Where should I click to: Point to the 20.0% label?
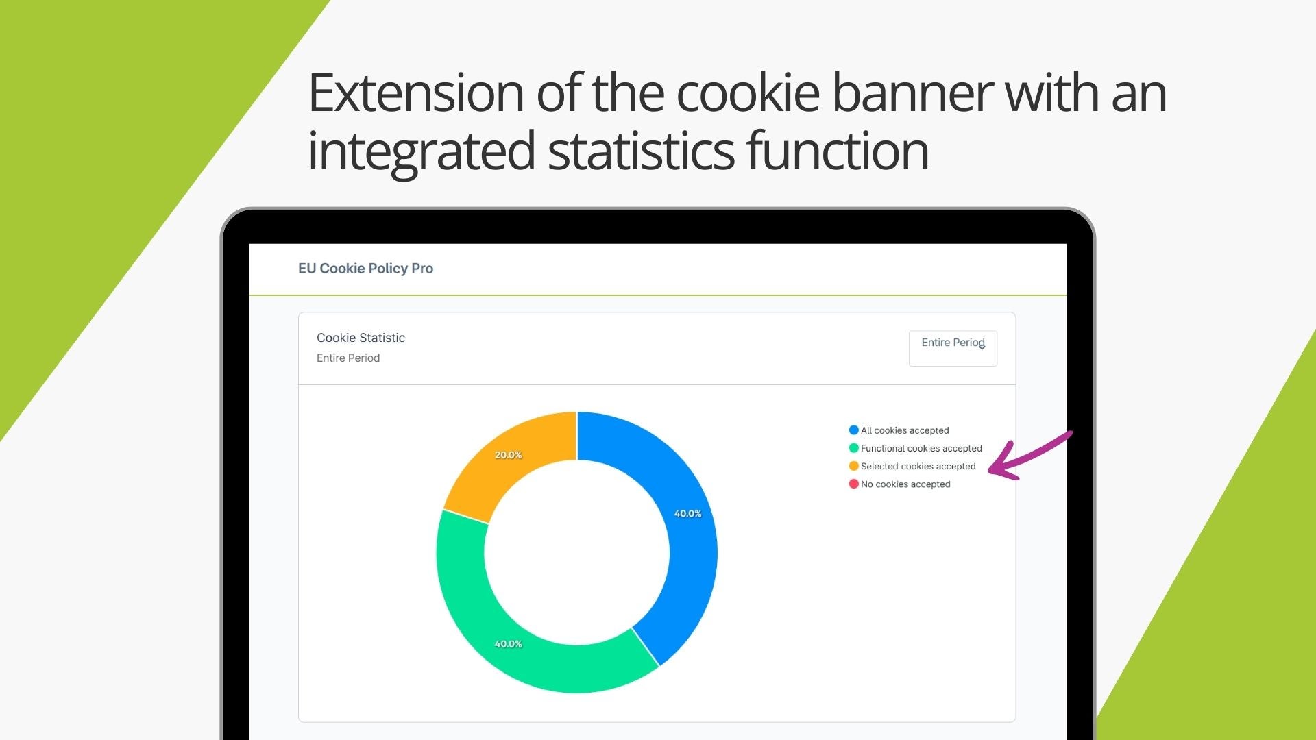508,455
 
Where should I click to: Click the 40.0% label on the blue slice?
687,513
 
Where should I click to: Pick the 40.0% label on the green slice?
508,644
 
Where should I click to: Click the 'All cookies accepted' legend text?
905,430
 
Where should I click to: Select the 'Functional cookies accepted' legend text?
921,448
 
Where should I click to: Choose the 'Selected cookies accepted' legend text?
918,466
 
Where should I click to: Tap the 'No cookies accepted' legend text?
905,484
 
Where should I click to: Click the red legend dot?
853,484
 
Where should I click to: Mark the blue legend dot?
853,430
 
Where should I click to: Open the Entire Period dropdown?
953,348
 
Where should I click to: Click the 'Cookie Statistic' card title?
361,338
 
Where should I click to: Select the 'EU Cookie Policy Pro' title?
365,269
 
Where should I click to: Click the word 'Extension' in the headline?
416,92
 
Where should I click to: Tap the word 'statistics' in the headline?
641,151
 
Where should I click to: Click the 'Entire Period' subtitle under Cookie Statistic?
348,358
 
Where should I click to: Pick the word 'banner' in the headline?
912,92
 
